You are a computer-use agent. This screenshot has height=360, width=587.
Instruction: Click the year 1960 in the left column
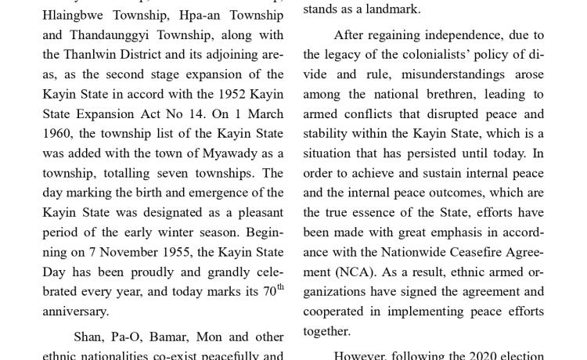click(x=57, y=134)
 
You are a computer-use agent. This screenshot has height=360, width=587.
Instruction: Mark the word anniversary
click(x=75, y=311)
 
